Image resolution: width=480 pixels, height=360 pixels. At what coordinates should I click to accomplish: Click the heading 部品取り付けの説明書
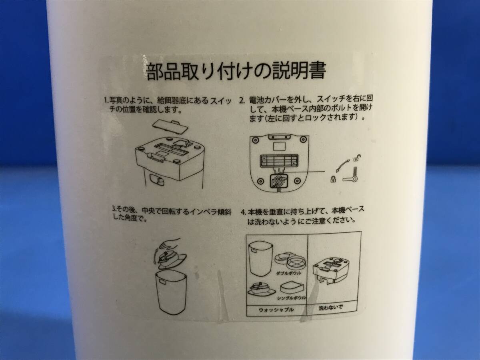pyautogui.click(x=236, y=72)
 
